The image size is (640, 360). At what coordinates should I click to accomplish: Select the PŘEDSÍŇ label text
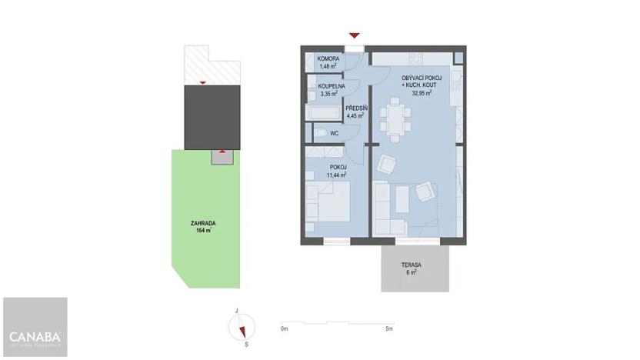point(355,108)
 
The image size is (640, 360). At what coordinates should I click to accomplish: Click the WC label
point(335,134)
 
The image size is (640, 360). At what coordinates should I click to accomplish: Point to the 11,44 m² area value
point(337,175)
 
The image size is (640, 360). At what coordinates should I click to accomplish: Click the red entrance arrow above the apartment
point(354,35)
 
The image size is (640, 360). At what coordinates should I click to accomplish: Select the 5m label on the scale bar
point(390,329)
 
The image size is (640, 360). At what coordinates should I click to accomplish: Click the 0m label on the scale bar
point(284,329)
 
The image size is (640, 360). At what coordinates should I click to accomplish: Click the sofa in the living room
point(388,208)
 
